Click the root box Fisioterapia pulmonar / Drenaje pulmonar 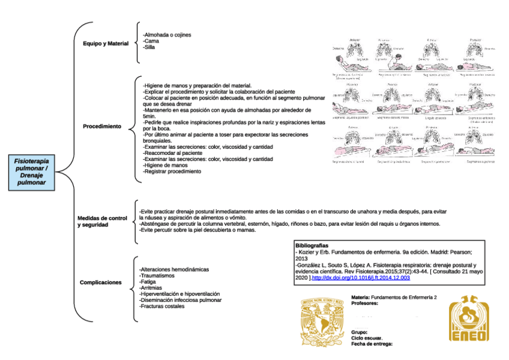tap(31, 173)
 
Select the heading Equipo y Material tap(106, 44)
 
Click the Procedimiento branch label tap(102, 127)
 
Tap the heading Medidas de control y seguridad tap(103, 221)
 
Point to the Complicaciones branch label tap(101, 282)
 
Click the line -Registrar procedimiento tap(172, 172)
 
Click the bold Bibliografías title tap(312, 246)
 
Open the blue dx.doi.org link tap(361, 278)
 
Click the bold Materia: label tap(360, 298)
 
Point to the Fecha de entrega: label tap(372, 344)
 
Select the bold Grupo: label tap(360, 332)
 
